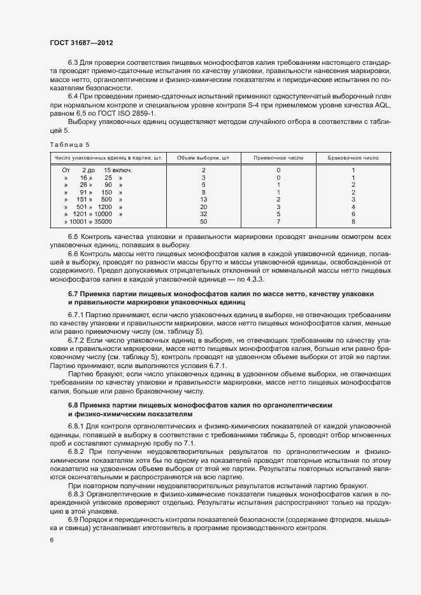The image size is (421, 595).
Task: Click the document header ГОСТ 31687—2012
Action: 82,43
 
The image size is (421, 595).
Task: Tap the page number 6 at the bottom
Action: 51,540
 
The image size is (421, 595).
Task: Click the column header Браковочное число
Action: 353,156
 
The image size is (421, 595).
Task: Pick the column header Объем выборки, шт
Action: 203,156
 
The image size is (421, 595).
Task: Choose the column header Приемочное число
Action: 278,156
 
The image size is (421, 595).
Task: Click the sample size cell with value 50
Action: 203,222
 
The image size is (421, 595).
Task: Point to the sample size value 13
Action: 203,200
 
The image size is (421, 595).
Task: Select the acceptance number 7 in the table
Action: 278,222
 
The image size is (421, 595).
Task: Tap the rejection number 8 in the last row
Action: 353,222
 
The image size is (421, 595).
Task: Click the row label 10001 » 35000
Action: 88,222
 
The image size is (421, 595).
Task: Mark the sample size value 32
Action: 203,214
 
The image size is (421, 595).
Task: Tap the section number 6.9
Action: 74,520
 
